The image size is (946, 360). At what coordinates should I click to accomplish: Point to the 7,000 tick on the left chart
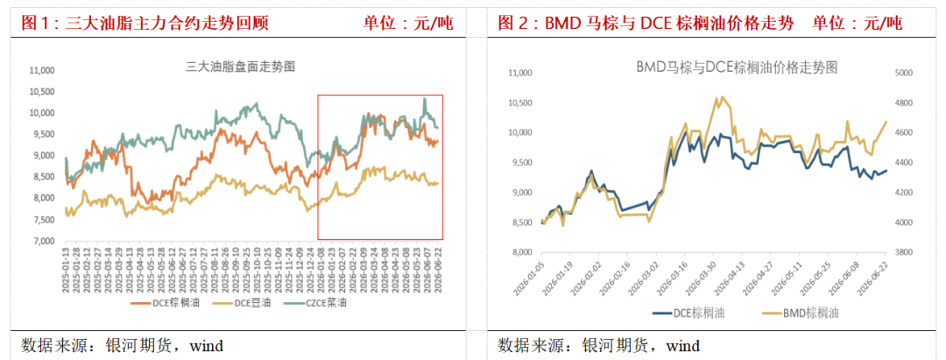coord(42,241)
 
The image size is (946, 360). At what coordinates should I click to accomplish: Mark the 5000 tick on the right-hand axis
coord(903,73)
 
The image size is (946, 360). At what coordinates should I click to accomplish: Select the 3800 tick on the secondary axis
coord(903,252)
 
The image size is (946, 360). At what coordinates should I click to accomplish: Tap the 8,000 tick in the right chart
coord(520,252)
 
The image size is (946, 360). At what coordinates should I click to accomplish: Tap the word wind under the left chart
coord(207,345)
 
